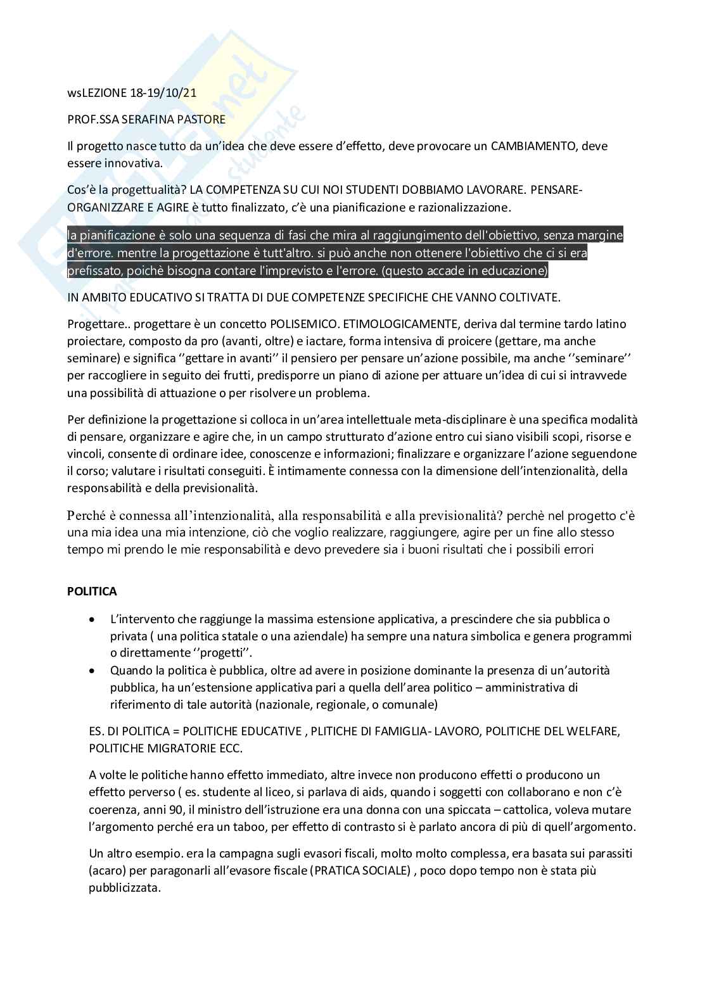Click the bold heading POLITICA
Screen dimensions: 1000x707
tap(92, 592)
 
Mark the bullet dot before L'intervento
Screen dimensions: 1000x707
tap(93, 619)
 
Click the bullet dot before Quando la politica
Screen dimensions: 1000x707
tap(93, 670)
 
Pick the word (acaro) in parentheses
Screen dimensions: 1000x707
tap(110, 870)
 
